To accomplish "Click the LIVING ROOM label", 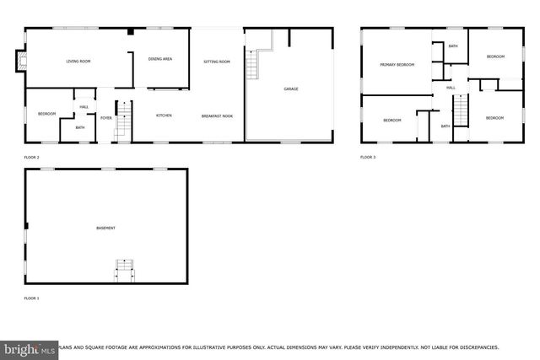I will [78, 62].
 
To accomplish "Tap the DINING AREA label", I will [160, 59].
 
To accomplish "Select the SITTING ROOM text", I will [217, 62].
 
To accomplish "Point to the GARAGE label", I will [290, 89].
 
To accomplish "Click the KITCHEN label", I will [164, 116].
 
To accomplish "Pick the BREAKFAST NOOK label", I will [217, 116].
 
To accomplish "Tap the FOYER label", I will [106, 118].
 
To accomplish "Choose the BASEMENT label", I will [105, 228].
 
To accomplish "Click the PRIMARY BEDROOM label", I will [396, 65].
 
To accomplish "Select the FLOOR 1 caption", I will [31, 298].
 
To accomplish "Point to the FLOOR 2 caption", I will [31, 157].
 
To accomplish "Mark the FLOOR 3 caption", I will [368, 157].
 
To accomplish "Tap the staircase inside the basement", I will [124, 271].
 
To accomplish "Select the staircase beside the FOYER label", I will [123, 120].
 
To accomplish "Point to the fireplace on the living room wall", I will [20, 61].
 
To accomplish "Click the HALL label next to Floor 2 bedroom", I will [84, 107].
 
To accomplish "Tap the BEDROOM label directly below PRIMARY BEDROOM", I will [392, 121].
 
